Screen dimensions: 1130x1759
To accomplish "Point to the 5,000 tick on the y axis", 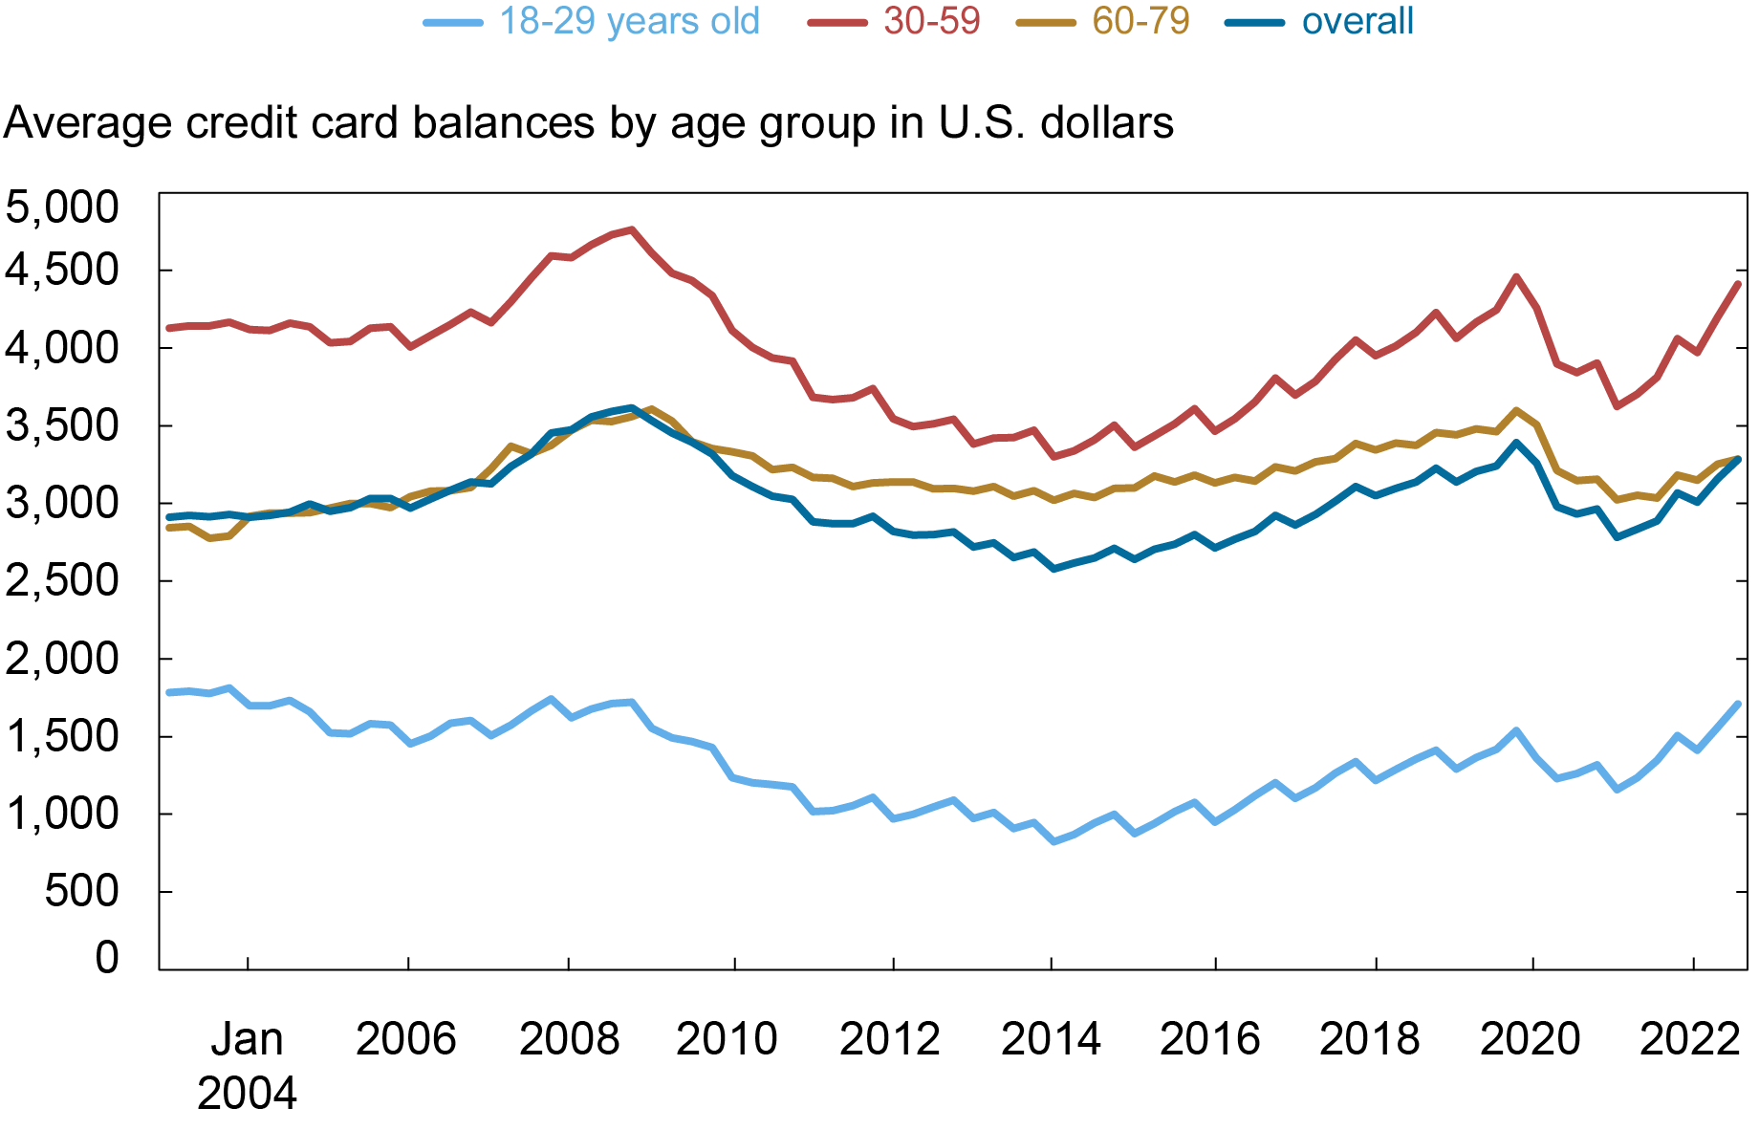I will click(x=62, y=206).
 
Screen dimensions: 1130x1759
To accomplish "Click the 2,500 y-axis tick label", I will click(x=62, y=580).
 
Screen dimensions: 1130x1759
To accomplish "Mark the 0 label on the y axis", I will click(x=107, y=956).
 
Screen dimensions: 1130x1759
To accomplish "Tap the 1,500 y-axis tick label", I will click(x=62, y=736).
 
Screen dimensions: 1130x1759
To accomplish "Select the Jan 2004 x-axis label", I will click(x=247, y=1065).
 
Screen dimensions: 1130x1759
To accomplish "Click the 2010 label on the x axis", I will click(x=727, y=1039).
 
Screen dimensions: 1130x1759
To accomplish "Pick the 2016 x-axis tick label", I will click(x=1209, y=1039).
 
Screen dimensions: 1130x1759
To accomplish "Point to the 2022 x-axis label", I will click(x=1690, y=1039).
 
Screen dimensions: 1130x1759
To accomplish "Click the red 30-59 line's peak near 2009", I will click(x=632, y=229).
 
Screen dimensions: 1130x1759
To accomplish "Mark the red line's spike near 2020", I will click(x=1516, y=277).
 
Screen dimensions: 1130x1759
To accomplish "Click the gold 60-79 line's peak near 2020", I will click(x=1516, y=410).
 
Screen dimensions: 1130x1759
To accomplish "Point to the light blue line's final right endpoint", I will click(x=1738, y=705).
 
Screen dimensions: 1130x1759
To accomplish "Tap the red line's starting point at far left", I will click(x=169, y=328).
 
